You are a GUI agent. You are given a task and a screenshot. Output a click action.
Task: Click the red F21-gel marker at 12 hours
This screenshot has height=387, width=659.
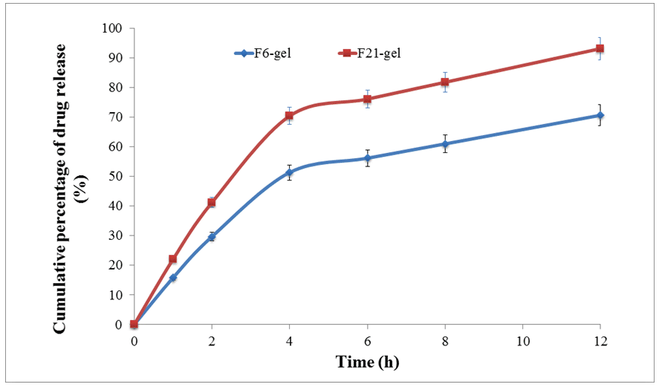[600, 49]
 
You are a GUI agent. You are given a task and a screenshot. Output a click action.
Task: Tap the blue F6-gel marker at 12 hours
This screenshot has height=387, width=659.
[600, 115]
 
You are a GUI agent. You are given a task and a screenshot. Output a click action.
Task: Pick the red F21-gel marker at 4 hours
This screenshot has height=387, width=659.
[289, 116]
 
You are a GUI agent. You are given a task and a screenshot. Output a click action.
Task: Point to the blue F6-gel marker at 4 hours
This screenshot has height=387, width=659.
[289, 172]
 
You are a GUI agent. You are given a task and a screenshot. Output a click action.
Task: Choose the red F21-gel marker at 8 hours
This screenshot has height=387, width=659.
[444, 82]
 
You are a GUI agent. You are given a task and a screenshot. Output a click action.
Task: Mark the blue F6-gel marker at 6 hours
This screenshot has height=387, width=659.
[367, 158]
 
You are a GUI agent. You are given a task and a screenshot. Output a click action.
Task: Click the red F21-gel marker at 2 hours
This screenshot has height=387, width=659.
[212, 203]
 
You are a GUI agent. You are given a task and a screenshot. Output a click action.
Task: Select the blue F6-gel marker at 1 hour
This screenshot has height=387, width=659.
[173, 278]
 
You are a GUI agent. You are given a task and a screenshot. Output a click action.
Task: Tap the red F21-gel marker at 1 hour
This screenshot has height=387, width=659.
[173, 259]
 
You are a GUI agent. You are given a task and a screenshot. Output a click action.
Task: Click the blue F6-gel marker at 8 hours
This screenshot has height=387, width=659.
[444, 144]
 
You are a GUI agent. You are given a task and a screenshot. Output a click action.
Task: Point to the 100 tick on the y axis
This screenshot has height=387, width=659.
[116, 28]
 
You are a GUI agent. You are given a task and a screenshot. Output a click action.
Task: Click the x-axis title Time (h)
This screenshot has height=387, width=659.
[366, 363]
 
